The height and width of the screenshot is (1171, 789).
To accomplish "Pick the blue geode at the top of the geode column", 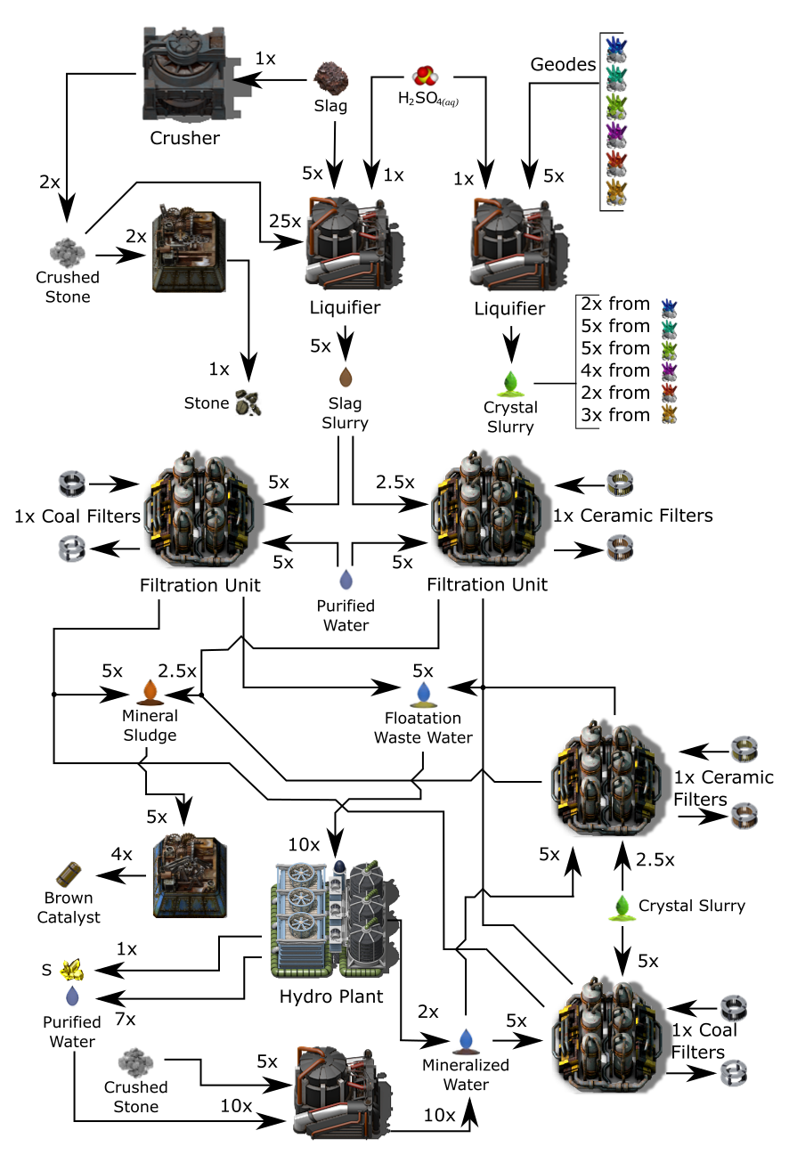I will (x=614, y=47).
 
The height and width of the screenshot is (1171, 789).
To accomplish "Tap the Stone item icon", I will (x=248, y=403).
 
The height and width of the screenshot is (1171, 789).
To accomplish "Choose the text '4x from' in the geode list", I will (x=616, y=370).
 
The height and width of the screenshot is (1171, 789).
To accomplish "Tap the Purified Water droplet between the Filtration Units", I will (x=346, y=580).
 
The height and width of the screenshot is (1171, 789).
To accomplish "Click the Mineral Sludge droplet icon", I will (x=150, y=692).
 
